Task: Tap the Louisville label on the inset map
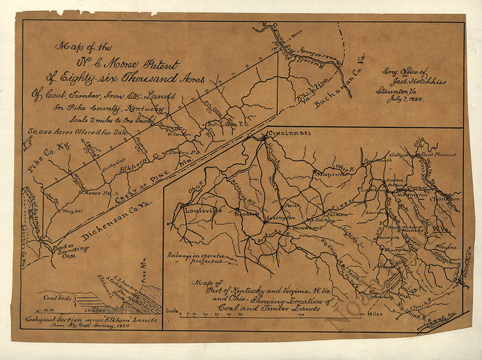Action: (204, 211)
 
